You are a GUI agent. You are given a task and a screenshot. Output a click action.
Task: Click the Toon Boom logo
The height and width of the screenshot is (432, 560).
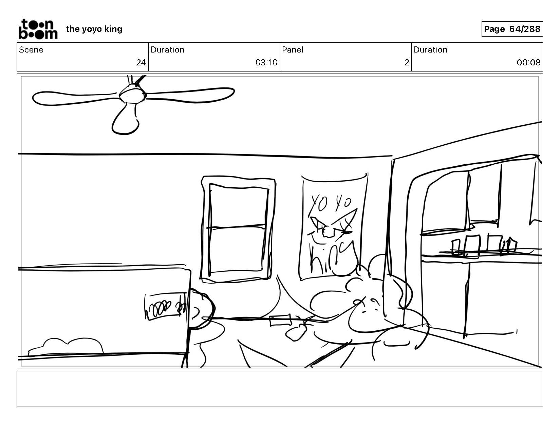38,29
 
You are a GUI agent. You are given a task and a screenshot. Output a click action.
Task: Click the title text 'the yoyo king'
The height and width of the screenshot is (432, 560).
94,29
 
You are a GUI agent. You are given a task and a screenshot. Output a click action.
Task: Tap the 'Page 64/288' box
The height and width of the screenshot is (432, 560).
512,29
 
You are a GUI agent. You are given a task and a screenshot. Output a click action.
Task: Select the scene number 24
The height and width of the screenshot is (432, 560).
141,63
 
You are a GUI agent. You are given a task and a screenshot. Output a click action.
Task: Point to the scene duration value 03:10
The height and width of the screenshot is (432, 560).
266,63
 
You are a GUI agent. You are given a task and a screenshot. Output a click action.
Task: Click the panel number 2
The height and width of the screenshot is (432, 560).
406,63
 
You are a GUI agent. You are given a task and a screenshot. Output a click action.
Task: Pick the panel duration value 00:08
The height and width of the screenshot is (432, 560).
528,63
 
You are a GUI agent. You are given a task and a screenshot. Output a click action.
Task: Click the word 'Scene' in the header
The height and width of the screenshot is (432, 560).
31,50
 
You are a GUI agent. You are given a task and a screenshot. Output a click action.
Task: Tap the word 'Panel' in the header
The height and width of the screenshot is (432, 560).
293,50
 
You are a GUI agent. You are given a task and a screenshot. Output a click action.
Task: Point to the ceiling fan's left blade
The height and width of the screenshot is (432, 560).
75,97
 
